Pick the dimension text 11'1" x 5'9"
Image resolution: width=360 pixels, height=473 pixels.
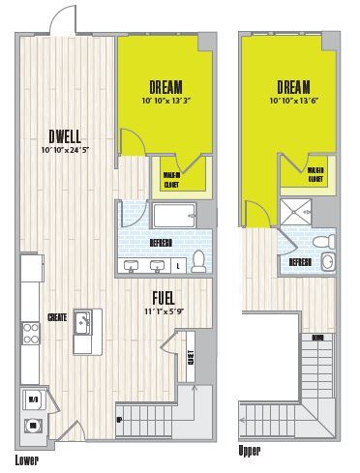click(x=164, y=312)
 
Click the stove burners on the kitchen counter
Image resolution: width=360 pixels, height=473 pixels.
click(x=31, y=333)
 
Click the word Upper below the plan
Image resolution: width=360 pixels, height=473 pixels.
click(x=251, y=451)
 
